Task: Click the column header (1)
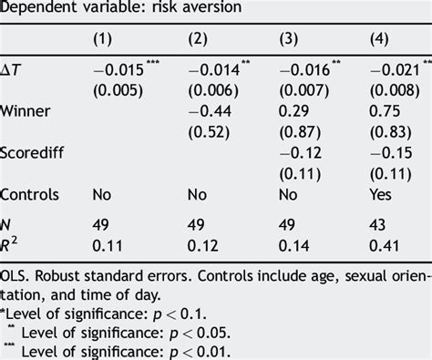click(x=102, y=39)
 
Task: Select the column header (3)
click(x=289, y=39)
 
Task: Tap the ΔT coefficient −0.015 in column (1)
click(x=118, y=70)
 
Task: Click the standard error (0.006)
click(x=213, y=90)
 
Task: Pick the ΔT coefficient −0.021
click(x=395, y=70)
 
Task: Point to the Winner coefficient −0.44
click(x=210, y=111)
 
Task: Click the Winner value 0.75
click(x=385, y=111)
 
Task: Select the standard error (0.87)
click(x=300, y=132)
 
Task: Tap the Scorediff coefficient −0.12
click(x=300, y=152)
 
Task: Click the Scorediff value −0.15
click(x=391, y=152)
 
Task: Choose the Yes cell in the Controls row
click(x=380, y=194)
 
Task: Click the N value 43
click(x=377, y=225)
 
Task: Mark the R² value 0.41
click(x=385, y=245)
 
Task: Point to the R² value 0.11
click(x=108, y=245)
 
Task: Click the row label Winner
click(x=25, y=111)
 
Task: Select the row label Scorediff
click(x=32, y=152)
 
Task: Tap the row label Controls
click(x=29, y=194)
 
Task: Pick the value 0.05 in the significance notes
click(x=213, y=334)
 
